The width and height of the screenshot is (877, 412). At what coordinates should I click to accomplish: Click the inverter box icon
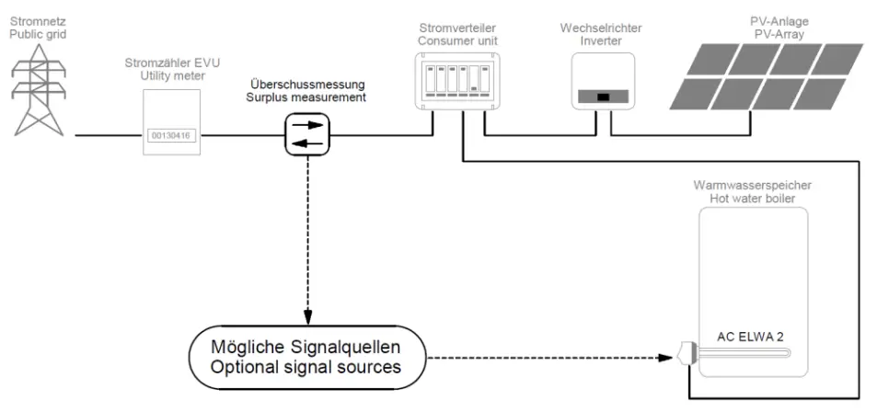602,83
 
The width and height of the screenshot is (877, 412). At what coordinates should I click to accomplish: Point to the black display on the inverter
602,97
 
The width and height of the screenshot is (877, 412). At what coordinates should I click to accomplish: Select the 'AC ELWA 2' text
750,337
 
